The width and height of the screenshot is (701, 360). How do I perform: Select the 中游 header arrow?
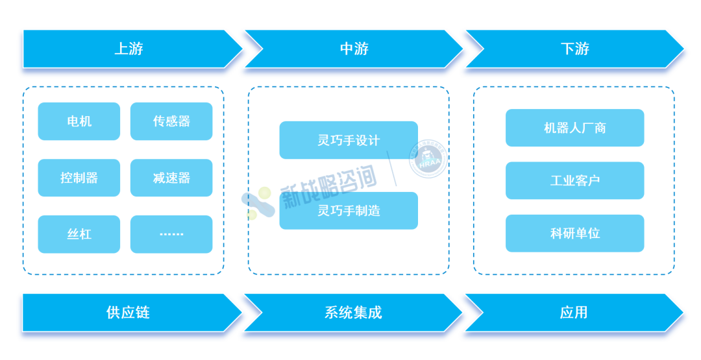pyautogui.click(x=354, y=49)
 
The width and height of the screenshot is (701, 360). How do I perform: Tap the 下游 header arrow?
pyautogui.click(x=575, y=49)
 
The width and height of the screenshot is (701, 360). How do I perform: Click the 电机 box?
pyautogui.click(x=79, y=121)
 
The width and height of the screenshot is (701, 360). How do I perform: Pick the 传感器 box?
pyautogui.click(x=171, y=121)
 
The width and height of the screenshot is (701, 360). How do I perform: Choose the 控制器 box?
pyautogui.click(x=79, y=178)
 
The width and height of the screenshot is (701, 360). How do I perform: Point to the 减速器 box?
pyautogui.click(x=171, y=178)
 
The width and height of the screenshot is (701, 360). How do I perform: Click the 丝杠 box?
pyautogui.click(x=79, y=234)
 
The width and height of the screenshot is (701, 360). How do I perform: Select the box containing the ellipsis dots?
pyautogui.click(x=171, y=234)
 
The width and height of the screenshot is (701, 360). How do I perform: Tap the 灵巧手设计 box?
pyautogui.click(x=349, y=140)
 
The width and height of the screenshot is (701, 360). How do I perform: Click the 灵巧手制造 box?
pyautogui.click(x=349, y=211)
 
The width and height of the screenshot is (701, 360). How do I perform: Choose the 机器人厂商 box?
pyautogui.click(x=575, y=128)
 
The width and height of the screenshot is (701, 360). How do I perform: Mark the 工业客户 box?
pyautogui.click(x=575, y=180)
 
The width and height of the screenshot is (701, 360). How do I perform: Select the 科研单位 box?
pyautogui.click(x=575, y=233)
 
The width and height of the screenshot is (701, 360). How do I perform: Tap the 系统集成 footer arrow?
pyautogui.click(x=353, y=313)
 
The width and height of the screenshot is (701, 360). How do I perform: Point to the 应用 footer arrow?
pyautogui.click(x=574, y=313)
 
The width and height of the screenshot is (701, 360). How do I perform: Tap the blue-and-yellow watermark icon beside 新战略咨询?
pyautogui.click(x=258, y=203)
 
